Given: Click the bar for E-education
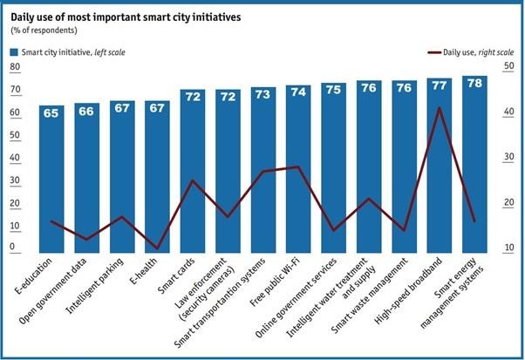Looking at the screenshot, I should (x=51, y=183).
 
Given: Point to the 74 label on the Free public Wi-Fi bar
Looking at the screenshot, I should (x=298, y=92).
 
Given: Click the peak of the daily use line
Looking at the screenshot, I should (x=439, y=108).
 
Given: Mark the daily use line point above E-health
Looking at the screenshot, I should (x=157, y=248).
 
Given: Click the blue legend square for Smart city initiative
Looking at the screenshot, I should (x=14, y=53).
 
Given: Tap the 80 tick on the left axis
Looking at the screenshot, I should (x=14, y=67).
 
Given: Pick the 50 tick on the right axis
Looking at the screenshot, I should (x=506, y=67).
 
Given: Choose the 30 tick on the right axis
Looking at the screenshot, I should (x=506, y=158).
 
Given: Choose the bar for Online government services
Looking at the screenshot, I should (x=333, y=174).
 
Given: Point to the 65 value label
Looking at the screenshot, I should (x=51, y=112).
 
